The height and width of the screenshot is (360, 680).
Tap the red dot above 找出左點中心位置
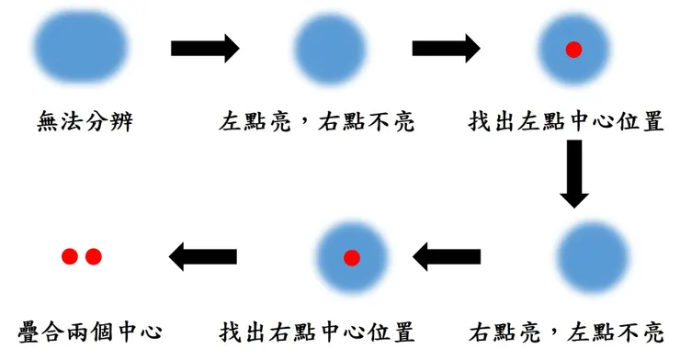click(573, 50)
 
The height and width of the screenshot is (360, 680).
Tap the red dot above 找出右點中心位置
click(351, 258)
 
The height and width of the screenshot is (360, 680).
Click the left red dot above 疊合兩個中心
click(70, 257)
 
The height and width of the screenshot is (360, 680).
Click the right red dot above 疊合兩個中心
click(93, 257)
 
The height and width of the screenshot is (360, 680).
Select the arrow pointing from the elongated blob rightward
click(205, 49)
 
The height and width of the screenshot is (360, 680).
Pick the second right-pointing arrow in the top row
click(446, 49)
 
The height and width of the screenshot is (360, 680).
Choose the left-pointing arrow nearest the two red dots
click(203, 257)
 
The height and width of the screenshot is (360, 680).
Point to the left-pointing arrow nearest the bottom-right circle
click(447, 258)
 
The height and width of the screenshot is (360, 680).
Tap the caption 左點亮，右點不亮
click(317, 121)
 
